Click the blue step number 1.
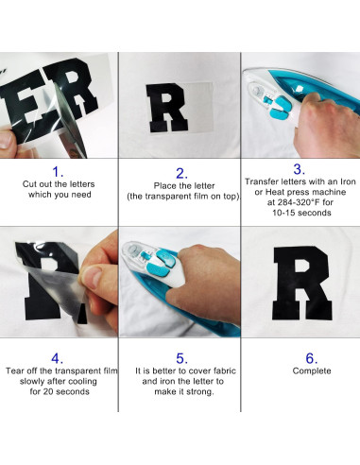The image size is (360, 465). [x=59, y=172]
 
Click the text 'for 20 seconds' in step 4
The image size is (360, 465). [x=59, y=392]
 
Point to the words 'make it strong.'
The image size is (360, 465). [x=179, y=392]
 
